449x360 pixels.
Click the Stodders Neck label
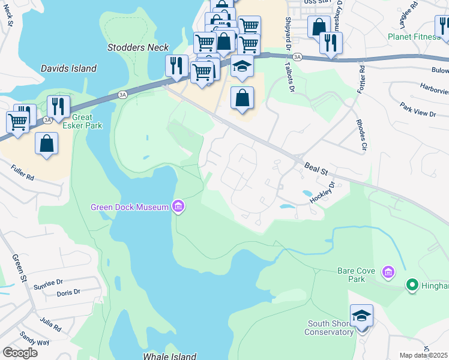point(138,47)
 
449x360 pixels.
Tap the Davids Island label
point(68,68)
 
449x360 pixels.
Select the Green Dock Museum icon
point(178,207)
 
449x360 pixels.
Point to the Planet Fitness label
point(414,37)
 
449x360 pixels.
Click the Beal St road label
point(316,167)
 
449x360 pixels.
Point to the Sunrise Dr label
point(48,282)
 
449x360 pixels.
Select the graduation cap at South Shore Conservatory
point(361,316)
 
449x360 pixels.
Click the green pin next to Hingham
point(412,284)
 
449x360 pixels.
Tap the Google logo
point(20,353)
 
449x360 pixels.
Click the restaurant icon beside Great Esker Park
point(58,106)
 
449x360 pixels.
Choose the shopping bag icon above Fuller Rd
point(46,144)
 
